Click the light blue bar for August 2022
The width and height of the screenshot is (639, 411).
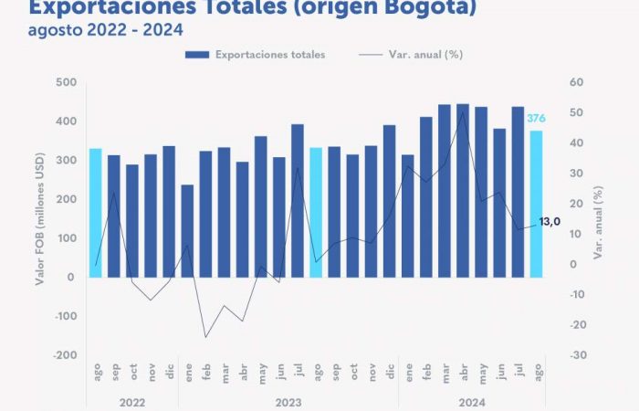95,212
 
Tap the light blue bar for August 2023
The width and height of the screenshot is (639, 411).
316,212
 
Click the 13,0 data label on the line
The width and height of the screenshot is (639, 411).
550,222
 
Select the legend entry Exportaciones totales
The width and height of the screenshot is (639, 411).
257,55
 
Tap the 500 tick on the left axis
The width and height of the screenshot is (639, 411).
64,83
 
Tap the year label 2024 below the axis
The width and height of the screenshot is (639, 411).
472,402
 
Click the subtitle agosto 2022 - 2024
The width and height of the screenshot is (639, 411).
105,29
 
